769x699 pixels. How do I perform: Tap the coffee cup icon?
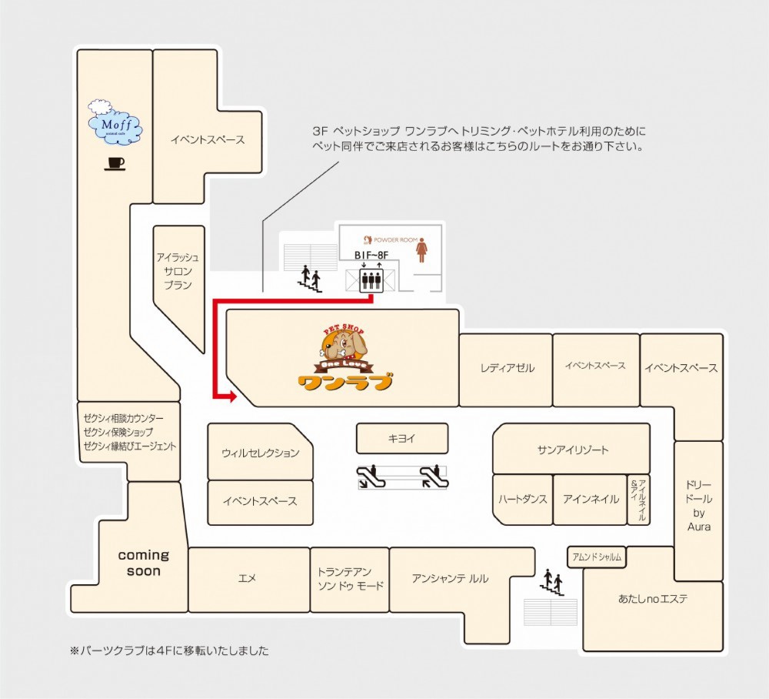(x=115, y=164)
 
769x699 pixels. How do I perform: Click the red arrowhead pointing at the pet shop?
(x=231, y=396)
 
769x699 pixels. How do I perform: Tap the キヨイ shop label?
(x=401, y=438)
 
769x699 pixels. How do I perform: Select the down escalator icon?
(x=371, y=477)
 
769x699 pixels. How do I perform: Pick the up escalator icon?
(x=434, y=477)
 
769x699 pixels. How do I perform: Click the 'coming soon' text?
(x=144, y=563)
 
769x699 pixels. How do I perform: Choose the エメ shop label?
(x=247, y=578)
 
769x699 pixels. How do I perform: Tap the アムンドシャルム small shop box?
(x=597, y=557)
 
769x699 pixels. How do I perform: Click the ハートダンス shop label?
(x=522, y=499)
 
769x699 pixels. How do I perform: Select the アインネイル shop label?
(x=591, y=499)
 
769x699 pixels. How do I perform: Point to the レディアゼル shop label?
(x=507, y=368)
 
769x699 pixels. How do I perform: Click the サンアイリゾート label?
(x=573, y=450)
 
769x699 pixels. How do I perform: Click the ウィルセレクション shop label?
(x=261, y=453)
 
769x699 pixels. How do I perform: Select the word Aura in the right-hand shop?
(x=699, y=527)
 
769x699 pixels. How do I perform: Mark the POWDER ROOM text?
(x=395, y=240)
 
